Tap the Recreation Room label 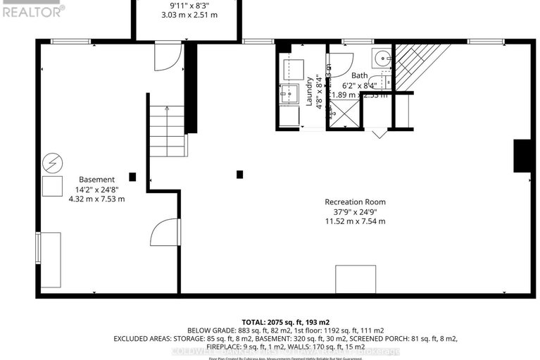(355, 201)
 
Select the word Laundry (309, 92)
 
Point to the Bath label (360, 75)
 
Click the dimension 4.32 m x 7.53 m (96, 199)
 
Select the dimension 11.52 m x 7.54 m (355, 221)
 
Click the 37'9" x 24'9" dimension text (355, 211)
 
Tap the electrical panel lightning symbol (51, 163)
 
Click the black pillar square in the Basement (132, 176)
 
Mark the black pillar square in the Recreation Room (240, 174)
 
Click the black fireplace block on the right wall (522, 156)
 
